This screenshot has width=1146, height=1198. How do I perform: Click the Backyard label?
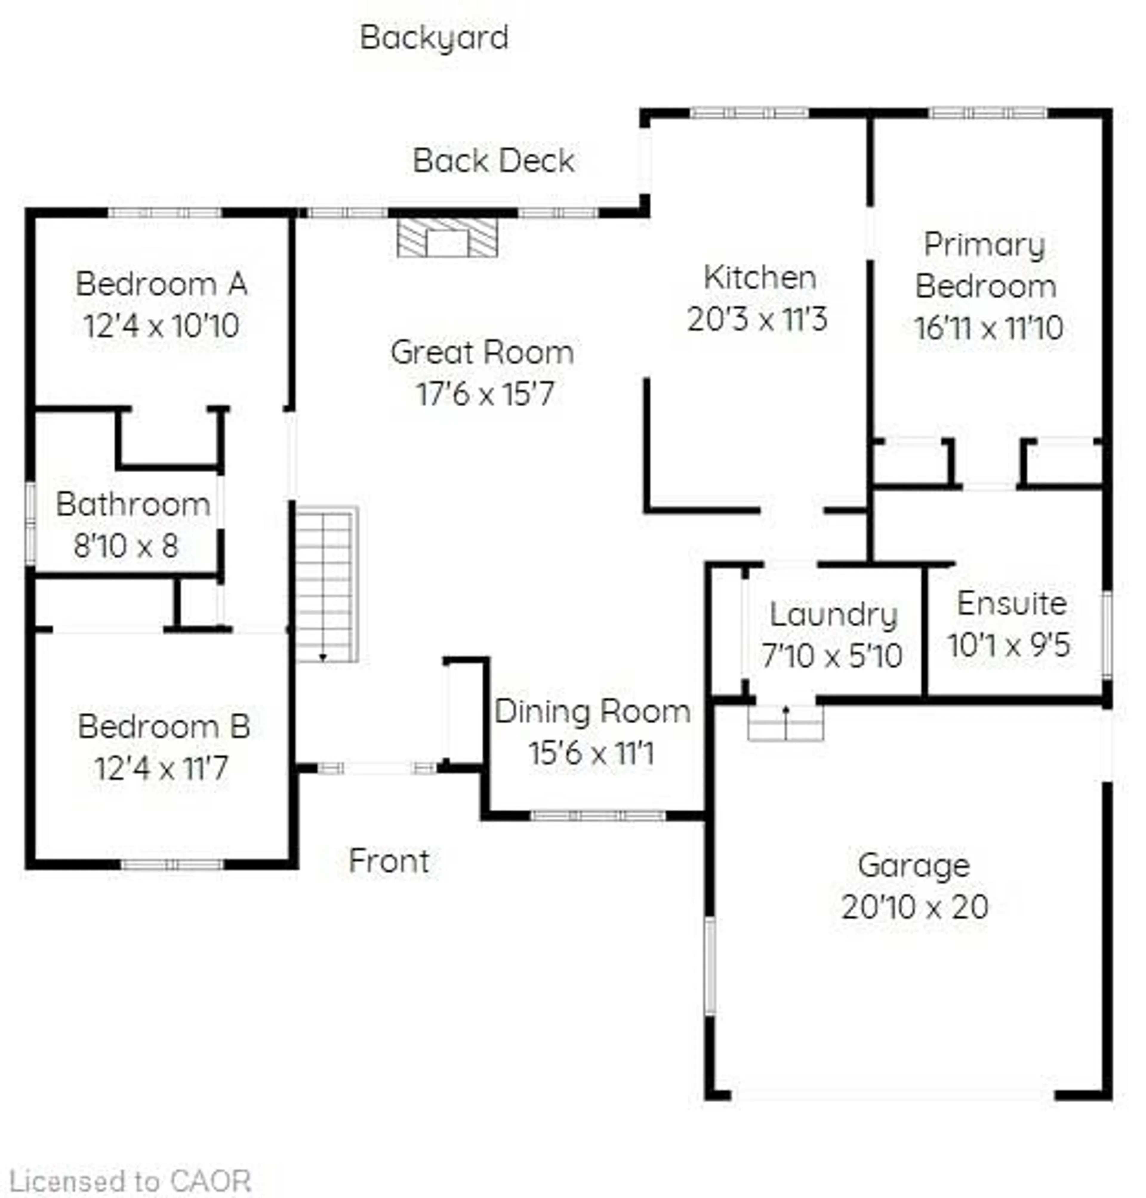[x=434, y=38]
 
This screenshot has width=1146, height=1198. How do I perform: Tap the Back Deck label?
[x=494, y=161]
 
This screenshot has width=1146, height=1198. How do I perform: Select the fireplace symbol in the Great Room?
[x=447, y=237]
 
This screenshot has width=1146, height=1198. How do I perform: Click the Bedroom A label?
[x=161, y=285]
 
